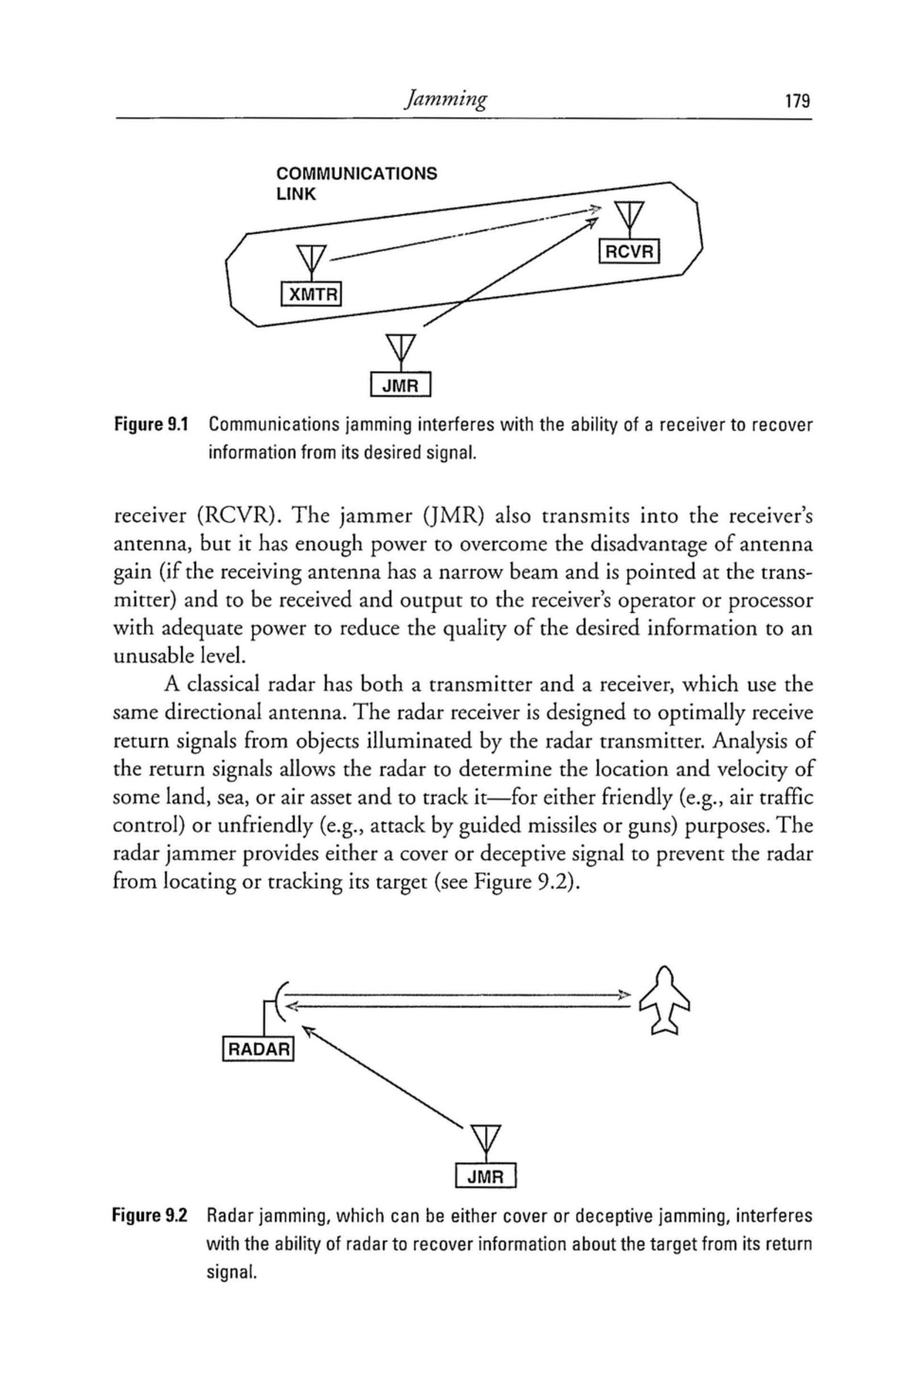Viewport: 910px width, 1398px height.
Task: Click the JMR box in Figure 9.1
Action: click(x=402, y=386)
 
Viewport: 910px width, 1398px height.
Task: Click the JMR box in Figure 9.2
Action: click(x=485, y=1176)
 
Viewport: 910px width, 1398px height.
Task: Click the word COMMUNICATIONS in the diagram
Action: click(x=356, y=174)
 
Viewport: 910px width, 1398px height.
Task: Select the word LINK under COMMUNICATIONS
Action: click(x=296, y=194)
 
